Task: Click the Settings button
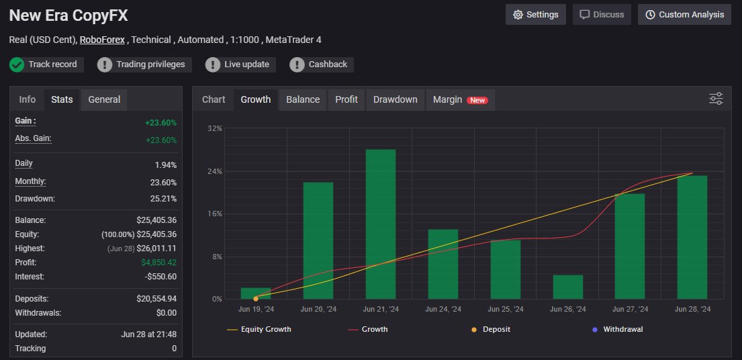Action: [x=535, y=15]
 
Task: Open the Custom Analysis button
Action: [x=684, y=15]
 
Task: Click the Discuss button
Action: [x=602, y=15]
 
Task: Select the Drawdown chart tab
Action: [x=395, y=99]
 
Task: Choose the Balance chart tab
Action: [x=303, y=99]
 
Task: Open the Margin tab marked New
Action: [x=460, y=99]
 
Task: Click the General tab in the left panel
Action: [x=104, y=99]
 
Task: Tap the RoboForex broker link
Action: [x=102, y=40]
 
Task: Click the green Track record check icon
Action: [x=17, y=64]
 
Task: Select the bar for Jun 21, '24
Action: [x=381, y=224]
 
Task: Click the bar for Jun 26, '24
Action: [x=568, y=287]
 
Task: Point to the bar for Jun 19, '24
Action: [x=256, y=294]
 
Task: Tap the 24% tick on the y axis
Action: [x=214, y=171]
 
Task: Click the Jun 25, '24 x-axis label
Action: [x=506, y=309]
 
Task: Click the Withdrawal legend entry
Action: [x=618, y=329]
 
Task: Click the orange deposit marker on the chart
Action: [x=256, y=298]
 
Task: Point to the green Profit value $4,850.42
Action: [x=159, y=262]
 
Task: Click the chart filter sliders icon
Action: [x=716, y=99]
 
